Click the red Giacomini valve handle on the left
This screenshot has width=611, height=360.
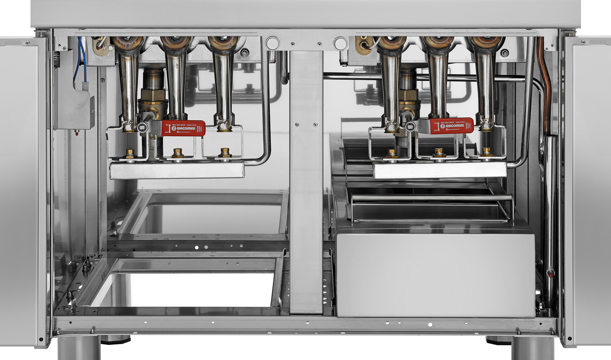[183, 128]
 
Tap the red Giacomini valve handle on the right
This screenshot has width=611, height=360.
[451, 126]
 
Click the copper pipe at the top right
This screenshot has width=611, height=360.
[546, 83]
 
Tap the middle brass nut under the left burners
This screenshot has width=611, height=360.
[178, 153]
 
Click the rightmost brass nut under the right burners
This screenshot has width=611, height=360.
[486, 151]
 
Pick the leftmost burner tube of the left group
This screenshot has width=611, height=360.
[128, 87]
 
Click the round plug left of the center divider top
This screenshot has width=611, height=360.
[272, 43]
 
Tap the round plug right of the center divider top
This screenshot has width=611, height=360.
[340, 43]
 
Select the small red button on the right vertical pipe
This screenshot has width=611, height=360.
[551, 275]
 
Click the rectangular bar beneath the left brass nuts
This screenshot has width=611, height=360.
[177, 170]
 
